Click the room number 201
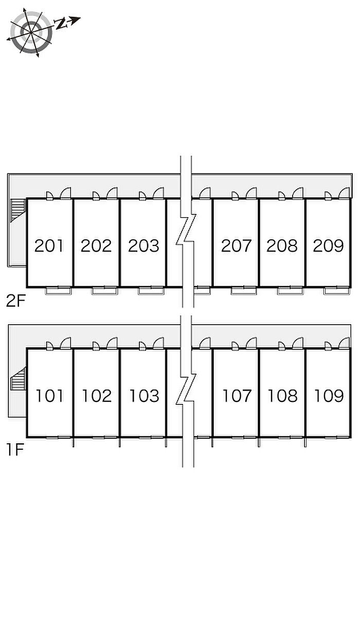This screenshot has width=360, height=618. [49, 245]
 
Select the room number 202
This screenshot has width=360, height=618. [96, 245]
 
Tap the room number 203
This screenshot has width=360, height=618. [143, 245]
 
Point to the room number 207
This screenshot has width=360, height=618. [236, 245]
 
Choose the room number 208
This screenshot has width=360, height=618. [282, 245]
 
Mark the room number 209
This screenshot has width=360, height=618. [328, 245]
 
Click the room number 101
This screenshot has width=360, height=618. [49, 396]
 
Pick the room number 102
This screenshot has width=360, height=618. [97, 396]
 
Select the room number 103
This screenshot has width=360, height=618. [144, 396]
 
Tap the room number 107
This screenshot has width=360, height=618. [237, 396]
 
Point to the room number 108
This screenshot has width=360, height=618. [282, 396]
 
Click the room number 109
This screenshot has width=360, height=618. [329, 396]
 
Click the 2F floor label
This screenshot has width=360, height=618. [15, 301]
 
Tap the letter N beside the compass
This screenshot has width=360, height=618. [61, 24]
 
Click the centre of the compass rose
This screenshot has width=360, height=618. [30, 32]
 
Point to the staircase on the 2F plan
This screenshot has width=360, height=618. [17, 210]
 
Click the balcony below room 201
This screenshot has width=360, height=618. [58, 291]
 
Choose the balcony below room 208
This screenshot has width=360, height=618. [290, 291]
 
